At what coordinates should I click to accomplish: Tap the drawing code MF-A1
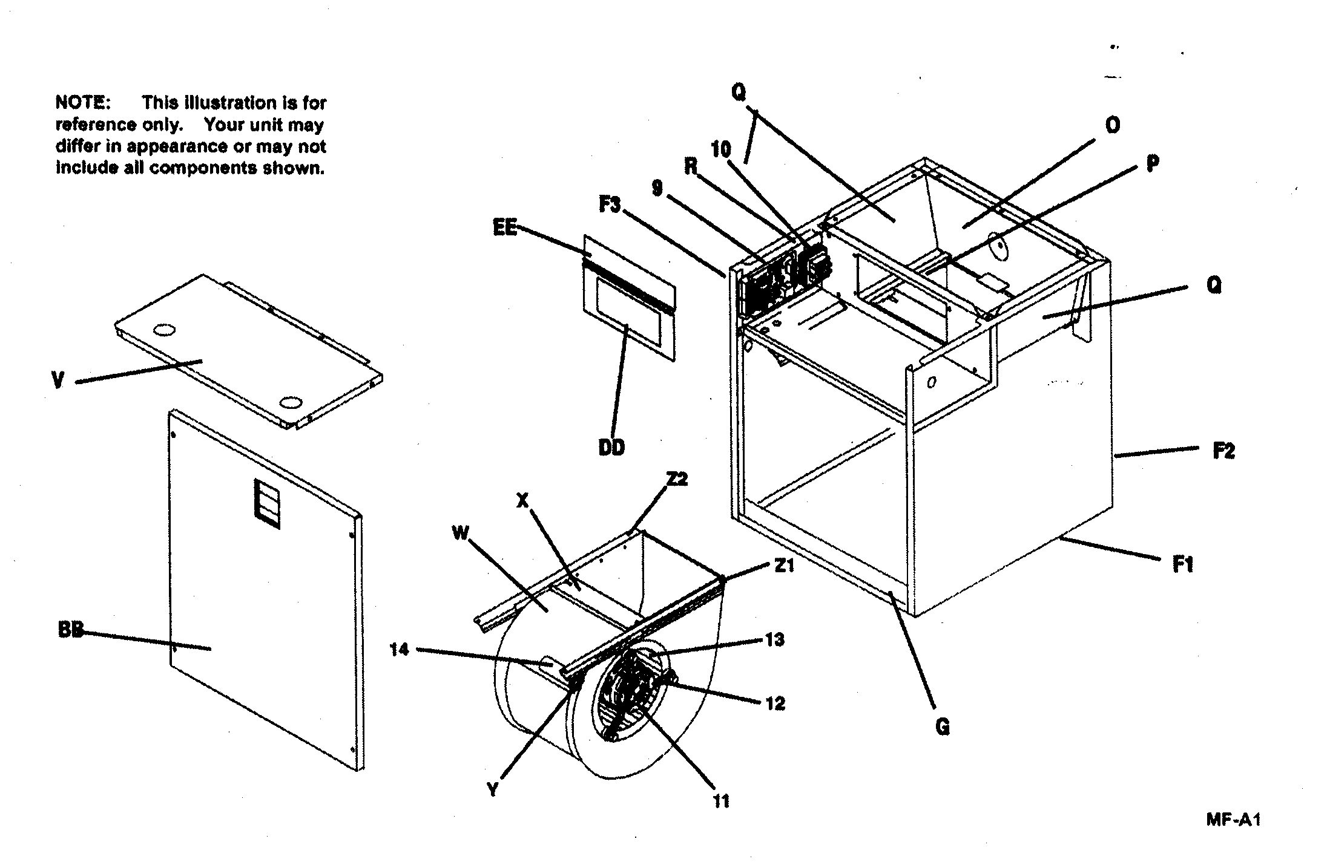pos(1233,820)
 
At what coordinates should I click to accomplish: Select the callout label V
pos(58,380)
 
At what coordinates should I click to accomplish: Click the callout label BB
pos(70,630)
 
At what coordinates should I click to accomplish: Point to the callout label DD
pos(611,448)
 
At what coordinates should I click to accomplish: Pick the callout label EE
pos(505,228)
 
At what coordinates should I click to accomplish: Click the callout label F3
pos(610,205)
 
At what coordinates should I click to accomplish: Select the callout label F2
pos(1223,451)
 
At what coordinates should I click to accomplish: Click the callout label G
pos(942,726)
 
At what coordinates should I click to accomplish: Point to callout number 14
pos(399,650)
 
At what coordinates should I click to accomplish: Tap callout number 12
pos(775,704)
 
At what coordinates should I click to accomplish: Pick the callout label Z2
pos(677,480)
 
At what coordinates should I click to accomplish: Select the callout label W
pos(461,534)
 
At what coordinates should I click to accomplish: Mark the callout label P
pos(1153,163)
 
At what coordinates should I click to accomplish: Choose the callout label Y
pos(493,789)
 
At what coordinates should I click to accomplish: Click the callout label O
pos(1112,125)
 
